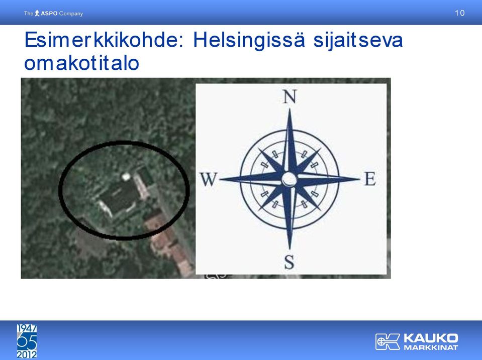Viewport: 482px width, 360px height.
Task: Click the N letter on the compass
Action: pyautogui.click(x=290, y=96)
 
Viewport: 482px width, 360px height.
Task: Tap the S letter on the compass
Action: pyautogui.click(x=290, y=262)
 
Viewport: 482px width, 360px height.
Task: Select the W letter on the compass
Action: pyautogui.click(x=209, y=179)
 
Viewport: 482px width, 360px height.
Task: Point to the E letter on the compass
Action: pyautogui.click(x=370, y=178)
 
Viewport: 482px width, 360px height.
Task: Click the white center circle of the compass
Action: pyautogui.click(x=290, y=179)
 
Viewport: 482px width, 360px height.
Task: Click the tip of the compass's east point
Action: pyautogui.click(x=360, y=179)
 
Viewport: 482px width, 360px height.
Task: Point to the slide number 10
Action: pyautogui.click(x=459, y=13)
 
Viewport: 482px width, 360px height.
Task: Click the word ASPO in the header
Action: pyautogui.click(x=49, y=14)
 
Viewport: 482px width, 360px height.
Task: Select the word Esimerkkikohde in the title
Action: pyautogui.click(x=102, y=40)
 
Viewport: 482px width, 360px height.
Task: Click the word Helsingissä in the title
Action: pyautogui.click(x=249, y=40)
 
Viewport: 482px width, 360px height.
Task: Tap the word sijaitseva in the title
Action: pyautogui.click(x=358, y=40)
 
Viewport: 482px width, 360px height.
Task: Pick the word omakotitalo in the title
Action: pyautogui.click(x=82, y=63)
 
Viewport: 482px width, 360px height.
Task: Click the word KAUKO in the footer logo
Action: pyautogui.click(x=431, y=338)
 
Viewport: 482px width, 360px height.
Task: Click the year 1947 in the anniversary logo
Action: pyautogui.click(x=27, y=328)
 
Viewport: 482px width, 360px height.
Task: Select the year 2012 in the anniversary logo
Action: pyautogui.click(x=27, y=354)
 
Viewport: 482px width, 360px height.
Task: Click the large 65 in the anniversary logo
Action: pyautogui.click(x=27, y=341)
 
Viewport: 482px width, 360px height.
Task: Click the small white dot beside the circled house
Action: pyautogui.click(x=126, y=176)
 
